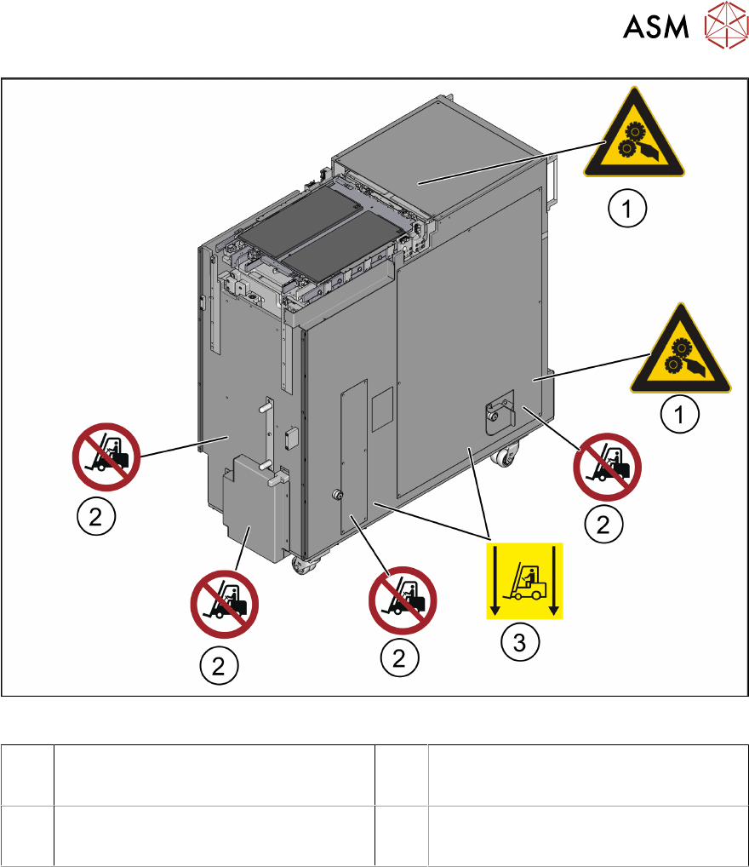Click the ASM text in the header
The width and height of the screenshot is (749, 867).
pos(656,27)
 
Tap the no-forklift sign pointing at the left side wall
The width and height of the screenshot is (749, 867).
pos(105,458)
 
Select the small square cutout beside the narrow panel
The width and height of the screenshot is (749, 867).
pos(383,403)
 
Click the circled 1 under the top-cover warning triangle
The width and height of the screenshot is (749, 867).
pos(628,207)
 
